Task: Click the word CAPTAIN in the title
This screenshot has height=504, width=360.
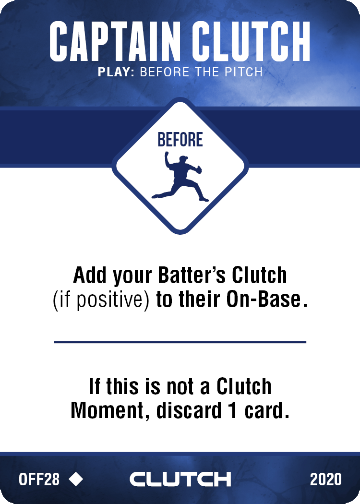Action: [114, 41]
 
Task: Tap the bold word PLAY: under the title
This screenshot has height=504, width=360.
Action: [116, 72]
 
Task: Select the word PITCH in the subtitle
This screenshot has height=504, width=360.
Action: [244, 72]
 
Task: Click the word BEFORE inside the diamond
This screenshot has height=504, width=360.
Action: [180, 140]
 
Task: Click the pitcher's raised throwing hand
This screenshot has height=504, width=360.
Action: [167, 154]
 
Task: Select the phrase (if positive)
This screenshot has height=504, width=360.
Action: [101, 300]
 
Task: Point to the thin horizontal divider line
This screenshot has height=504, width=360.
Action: [180, 342]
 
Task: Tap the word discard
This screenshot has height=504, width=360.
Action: [189, 410]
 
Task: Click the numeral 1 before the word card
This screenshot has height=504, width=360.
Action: [233, 411]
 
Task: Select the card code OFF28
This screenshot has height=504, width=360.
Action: [39, 479]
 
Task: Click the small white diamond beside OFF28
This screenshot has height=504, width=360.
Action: [76, 479]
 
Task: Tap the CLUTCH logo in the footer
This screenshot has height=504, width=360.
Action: [180, 479]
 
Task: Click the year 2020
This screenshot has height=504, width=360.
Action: [325, 479]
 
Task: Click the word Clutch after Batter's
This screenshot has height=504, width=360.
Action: [259, 275]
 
